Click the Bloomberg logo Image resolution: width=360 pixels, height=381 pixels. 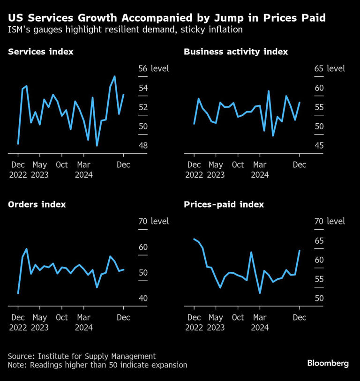(328, 363)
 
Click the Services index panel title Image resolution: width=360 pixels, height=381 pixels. (40, 52)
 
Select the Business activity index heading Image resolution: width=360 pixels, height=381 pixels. (236, 52)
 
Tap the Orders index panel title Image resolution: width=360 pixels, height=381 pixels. (37, 204)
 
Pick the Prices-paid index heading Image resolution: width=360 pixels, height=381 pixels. (224, 204)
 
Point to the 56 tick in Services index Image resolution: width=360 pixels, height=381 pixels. (142, 69)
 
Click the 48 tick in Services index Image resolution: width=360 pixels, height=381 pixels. (142, 146)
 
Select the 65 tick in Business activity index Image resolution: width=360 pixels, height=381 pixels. (319, 69)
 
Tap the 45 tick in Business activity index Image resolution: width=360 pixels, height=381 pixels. (319, 146)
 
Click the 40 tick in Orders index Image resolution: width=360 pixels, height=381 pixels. (142, 299)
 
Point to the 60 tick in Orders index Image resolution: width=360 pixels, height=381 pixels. (142, 247)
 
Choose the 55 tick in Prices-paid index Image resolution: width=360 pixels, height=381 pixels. (319, 279)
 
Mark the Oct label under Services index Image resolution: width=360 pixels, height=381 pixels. (62, 165)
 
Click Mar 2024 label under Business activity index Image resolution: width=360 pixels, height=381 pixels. (260, 170)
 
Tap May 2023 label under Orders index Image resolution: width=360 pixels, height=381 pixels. (40, 322)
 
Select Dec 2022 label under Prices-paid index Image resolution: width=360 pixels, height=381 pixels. (194, 322)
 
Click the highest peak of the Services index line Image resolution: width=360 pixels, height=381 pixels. (114, 76)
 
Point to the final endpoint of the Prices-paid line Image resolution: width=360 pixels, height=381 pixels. (300, 251)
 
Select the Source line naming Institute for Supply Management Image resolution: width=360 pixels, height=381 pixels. (82, 356)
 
